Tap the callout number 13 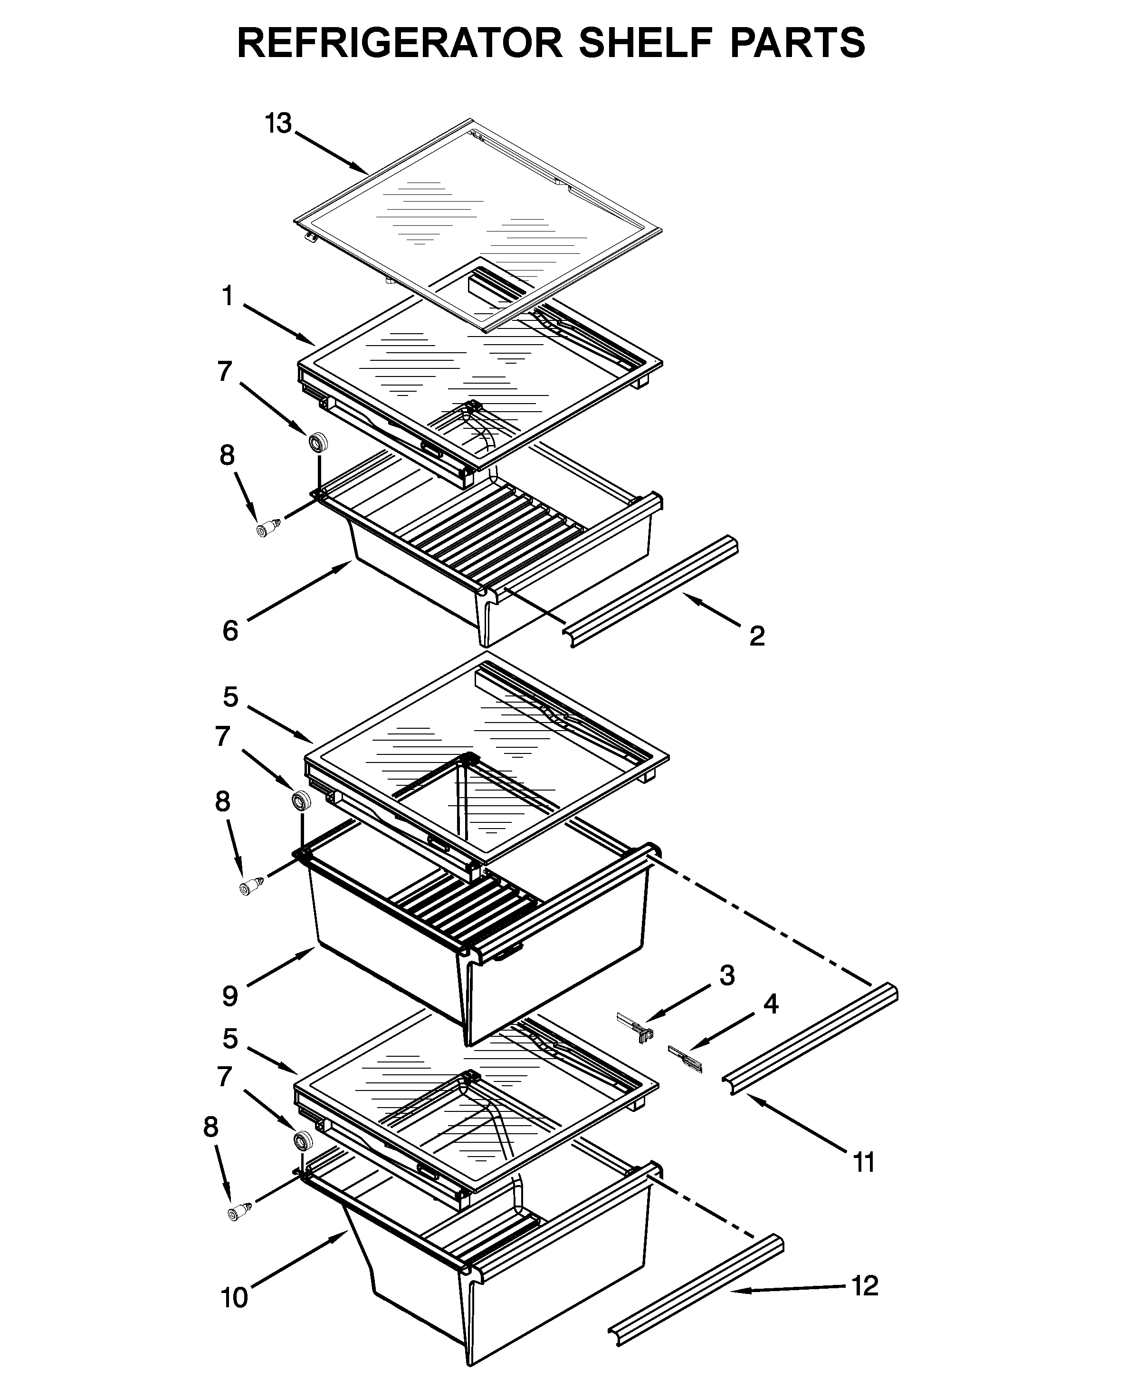278,123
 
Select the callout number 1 227,297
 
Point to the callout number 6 230,631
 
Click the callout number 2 757,636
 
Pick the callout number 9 230,996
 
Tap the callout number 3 726,975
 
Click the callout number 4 770,1004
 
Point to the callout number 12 865,1285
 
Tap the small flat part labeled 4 685,1058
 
